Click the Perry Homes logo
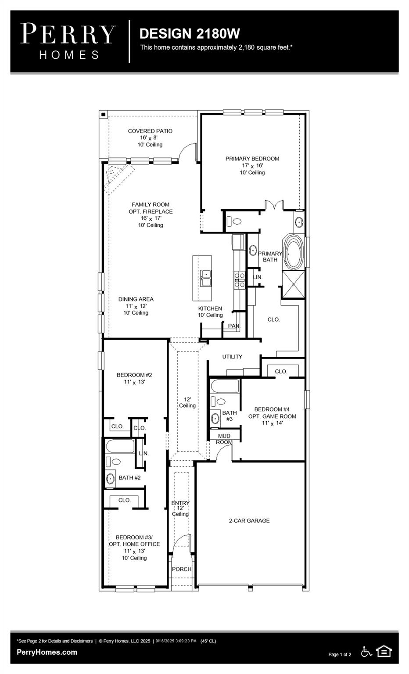(x=68, y=41)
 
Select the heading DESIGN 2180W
(x=190, y=33)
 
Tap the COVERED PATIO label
(x=150, y=131)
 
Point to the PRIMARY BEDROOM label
(x=252, y=159)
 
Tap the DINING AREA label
(x=136, y=299)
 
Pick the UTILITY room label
(x=232, y=357)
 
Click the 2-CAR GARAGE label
(x=249, y=521)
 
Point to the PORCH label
(x=182, y=569)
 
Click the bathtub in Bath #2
(x=120, y=447)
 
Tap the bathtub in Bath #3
(x=225, y=387)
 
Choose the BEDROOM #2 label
(x=134, y=375)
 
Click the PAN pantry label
(x=233, y=326)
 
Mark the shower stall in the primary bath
(x=293, y=284)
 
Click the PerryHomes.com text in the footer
(x=47, y=652)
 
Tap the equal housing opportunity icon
(x=384, y=651)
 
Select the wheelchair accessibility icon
(x=366, y=651)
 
